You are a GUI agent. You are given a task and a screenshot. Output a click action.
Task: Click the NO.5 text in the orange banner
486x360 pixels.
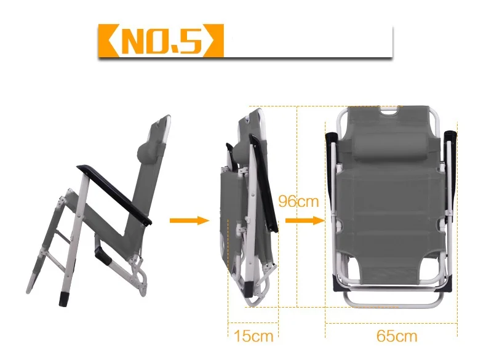coord(161,41)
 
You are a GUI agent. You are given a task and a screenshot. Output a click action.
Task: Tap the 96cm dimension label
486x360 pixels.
coord(298,201)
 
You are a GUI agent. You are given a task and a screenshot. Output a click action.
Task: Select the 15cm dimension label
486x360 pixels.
coord(253,336)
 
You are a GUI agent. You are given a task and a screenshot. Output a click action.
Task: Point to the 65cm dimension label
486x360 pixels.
coord(397,336)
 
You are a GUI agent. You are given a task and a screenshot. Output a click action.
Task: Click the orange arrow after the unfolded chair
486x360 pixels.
coord(189,220)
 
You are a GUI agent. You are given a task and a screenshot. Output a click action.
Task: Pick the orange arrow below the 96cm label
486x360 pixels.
coord(305,220)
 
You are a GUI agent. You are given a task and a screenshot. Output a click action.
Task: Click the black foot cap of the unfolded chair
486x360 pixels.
coord(63,299)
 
